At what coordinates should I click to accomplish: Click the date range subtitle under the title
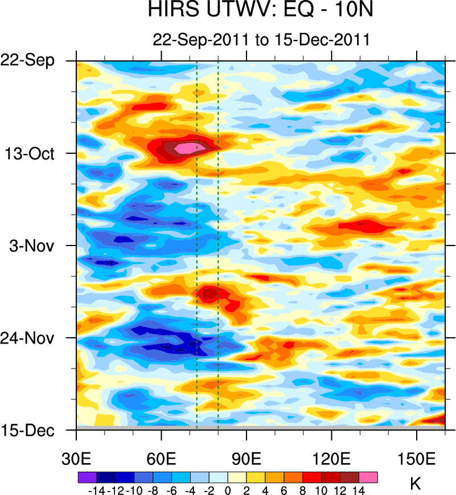click(x=261, y=40)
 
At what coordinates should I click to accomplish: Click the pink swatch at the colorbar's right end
click(x=368, y=477)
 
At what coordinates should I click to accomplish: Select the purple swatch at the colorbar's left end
click(x=87, y=477)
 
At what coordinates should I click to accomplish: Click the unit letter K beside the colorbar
click(x=415, y=484)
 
